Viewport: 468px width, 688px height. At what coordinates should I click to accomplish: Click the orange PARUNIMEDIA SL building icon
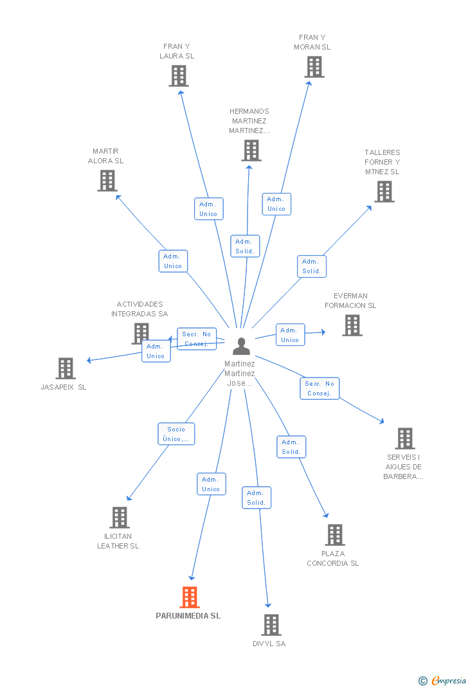click(x=190, y=597)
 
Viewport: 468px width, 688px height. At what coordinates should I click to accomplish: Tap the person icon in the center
click(x=241, y=346)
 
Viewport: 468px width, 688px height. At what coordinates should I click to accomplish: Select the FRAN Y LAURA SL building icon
click(x=178, y=76)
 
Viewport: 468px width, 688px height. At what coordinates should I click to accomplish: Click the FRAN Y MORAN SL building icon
click(x=314, y=67)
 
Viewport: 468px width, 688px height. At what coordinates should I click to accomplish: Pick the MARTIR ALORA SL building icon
click(x=107, y=181)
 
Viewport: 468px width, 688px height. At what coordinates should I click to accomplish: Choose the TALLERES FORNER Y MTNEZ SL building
click(x=384, y=192)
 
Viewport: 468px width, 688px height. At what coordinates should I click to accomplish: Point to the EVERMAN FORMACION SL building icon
click(x=352, y=325)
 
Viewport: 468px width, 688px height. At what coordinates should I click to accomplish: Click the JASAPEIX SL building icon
click(x=66, y=368)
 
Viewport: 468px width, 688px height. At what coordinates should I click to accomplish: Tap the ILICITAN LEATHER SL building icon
click(x=120, y=518)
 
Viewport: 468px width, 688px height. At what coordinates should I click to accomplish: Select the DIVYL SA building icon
click(x=271, y=624)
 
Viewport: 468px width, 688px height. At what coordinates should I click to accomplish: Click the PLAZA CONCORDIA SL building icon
click(x=334, y=534)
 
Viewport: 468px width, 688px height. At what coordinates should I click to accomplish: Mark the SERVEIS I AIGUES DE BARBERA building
click(x=404, y=439)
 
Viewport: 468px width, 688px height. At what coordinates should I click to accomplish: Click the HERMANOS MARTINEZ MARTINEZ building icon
click(x=251, y=150)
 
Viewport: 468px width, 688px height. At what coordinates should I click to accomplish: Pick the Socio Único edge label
click(x=176, y=434)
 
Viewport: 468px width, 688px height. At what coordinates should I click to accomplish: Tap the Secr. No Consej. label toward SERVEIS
click(x=319, y=388)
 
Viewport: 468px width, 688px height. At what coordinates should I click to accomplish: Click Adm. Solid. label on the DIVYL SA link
click(x=256, y=498)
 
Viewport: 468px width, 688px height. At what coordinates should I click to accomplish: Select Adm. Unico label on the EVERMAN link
click(x=290, y=335)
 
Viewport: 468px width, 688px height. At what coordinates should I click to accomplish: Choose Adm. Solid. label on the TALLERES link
click(x=311, y=266)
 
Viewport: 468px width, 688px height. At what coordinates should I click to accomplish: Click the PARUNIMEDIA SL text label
click(x=188, y=615)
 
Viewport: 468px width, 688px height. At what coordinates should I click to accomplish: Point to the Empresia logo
click(x=444, y=680)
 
